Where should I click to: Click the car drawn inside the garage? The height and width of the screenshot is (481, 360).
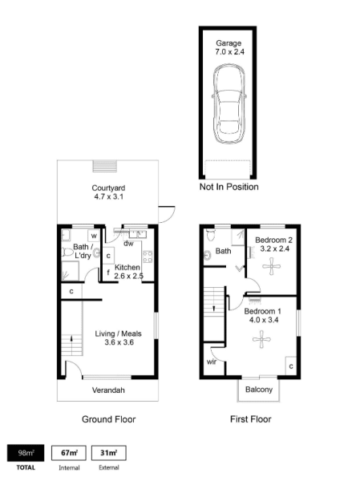229,104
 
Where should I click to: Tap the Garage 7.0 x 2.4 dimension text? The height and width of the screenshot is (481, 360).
229,51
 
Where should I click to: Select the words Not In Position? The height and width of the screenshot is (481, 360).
229,187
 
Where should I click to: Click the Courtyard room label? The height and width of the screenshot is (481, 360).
108,188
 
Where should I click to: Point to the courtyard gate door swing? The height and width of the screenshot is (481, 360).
167,214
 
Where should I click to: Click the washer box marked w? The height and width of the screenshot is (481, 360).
94,236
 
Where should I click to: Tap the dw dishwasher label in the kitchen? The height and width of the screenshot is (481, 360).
128,244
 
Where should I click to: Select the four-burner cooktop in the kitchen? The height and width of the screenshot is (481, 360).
148,257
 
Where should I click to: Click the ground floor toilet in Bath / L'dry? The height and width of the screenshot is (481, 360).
67,253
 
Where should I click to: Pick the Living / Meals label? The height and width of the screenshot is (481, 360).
118,333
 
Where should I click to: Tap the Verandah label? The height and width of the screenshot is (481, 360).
108,390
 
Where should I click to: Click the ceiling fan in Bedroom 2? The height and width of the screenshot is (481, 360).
272,266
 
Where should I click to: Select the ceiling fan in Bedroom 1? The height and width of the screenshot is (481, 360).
261,339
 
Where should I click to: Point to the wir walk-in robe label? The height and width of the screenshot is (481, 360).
212,362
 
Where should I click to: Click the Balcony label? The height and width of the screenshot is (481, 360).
259,390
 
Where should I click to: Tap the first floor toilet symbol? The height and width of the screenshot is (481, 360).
211,235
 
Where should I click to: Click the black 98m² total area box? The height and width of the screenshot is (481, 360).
26,453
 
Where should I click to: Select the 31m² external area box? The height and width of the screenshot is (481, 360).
109,453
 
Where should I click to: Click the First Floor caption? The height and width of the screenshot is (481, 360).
251,419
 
